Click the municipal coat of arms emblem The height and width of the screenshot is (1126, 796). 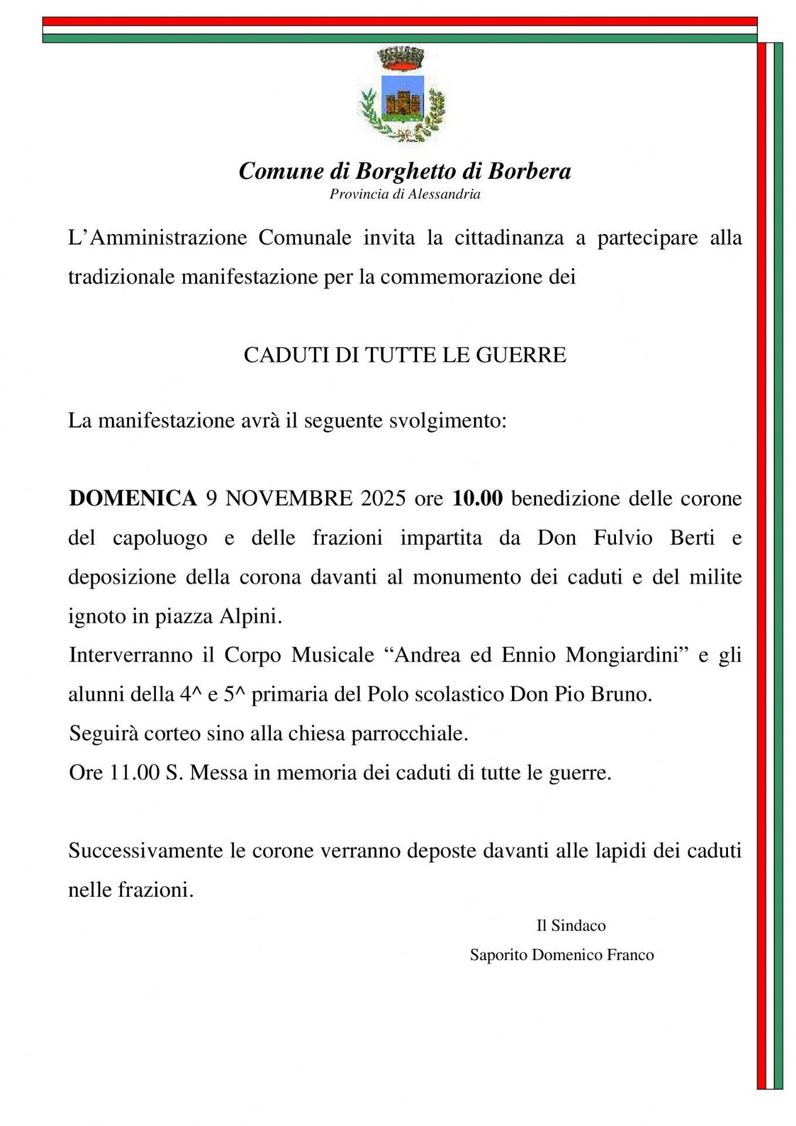[x=402, y=96]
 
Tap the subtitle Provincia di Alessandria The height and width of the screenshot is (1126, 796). [x=405, y=194]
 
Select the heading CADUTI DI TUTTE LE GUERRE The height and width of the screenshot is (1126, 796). [x=405, y=355]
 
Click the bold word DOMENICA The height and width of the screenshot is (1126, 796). [x=133, y=498]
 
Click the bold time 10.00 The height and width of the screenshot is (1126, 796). [x=477, y=498]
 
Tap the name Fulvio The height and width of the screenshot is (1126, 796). [x=623, y=538]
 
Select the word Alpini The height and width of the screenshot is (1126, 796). [x=250, y=616]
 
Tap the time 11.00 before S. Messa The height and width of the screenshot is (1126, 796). [x=134, y=773]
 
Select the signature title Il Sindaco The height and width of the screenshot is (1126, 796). [x=571, y=926]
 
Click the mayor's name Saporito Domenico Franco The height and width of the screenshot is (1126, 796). [x=561, y=955]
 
